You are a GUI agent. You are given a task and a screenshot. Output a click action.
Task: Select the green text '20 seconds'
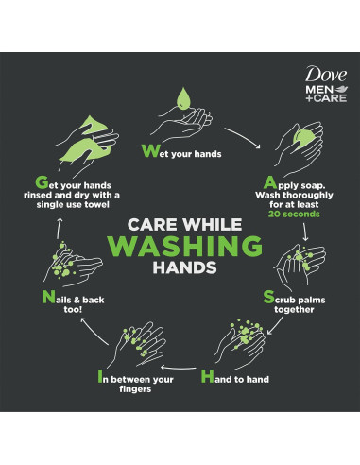[x=295, y=214]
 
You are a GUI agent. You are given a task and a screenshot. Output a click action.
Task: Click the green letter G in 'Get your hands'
[x=40, y=180]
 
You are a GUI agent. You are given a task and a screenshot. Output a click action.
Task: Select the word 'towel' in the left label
[x=95, y=205]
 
